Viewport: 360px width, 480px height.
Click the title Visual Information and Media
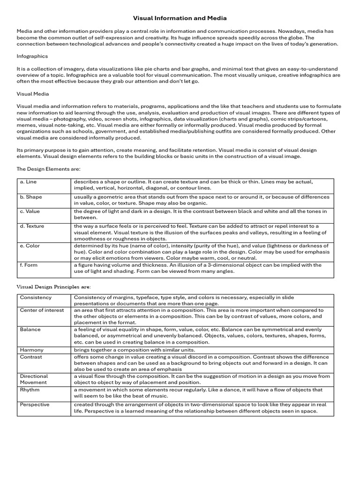point(180,18)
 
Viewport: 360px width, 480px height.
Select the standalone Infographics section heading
point(32,56)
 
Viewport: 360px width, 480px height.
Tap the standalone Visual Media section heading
point(33,94)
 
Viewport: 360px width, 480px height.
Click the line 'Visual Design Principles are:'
point(54,286)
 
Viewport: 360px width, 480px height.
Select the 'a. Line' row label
point(28,181)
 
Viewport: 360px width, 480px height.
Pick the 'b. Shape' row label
point(31,197)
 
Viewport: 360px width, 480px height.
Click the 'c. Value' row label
point(30,211)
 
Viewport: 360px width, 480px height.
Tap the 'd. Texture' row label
point(32,226)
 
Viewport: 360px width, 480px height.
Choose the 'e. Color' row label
point(30,246)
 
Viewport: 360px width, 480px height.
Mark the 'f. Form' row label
point(29,265)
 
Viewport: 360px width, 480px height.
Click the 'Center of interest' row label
point(42,310)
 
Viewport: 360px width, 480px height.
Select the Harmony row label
point(31,350)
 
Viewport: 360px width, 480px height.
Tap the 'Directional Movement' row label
point(34,379)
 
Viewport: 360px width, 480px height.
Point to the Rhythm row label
point(30,390)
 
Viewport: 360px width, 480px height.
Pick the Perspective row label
point(34,405)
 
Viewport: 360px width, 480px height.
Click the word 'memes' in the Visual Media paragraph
point(26,126)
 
